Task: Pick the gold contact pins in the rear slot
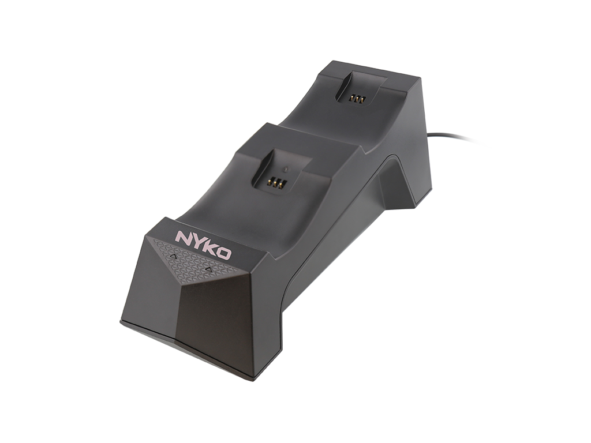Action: coord(356,99)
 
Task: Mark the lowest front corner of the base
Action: coord(252,379)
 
